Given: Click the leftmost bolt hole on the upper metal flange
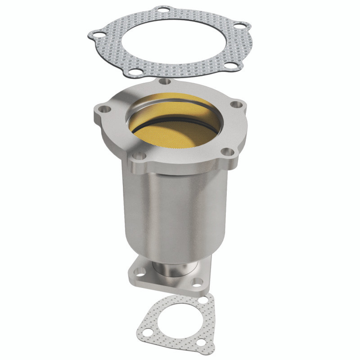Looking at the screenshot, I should [x=103, y=108].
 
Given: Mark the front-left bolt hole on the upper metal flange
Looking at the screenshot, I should [x=139, y=156].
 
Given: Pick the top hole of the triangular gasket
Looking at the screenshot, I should [x=205, y=300].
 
